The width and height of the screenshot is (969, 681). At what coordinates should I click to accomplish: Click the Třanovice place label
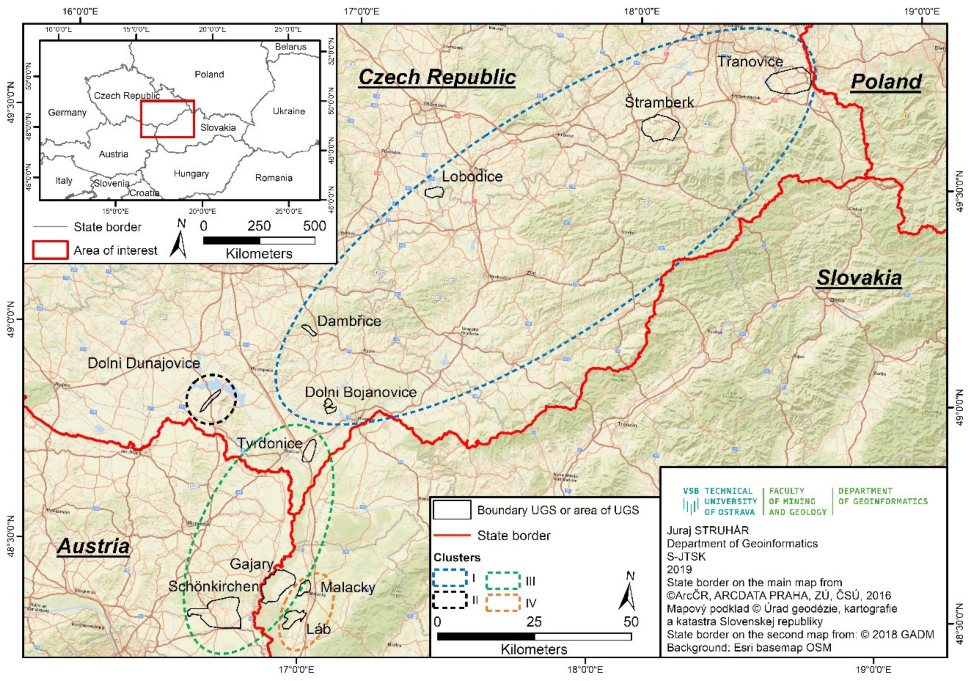coord(750,62)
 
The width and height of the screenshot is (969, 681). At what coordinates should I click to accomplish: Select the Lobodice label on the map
coord(472,176)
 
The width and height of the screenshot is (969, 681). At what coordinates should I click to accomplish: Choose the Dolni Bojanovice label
coord(361,392)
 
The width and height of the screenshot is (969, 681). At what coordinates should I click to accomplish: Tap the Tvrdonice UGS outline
coord(309,450)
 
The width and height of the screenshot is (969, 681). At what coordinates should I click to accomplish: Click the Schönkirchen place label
coord(213,586)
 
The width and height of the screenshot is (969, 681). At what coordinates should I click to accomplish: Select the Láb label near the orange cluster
coord(318,629)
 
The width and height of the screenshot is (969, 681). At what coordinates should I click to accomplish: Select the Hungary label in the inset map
coord(191,173)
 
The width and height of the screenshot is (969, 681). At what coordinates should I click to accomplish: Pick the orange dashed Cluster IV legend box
coord(502,602)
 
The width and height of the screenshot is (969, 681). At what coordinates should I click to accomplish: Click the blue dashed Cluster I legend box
coord(450,578)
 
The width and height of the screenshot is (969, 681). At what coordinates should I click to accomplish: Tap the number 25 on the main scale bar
coord(534,622)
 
